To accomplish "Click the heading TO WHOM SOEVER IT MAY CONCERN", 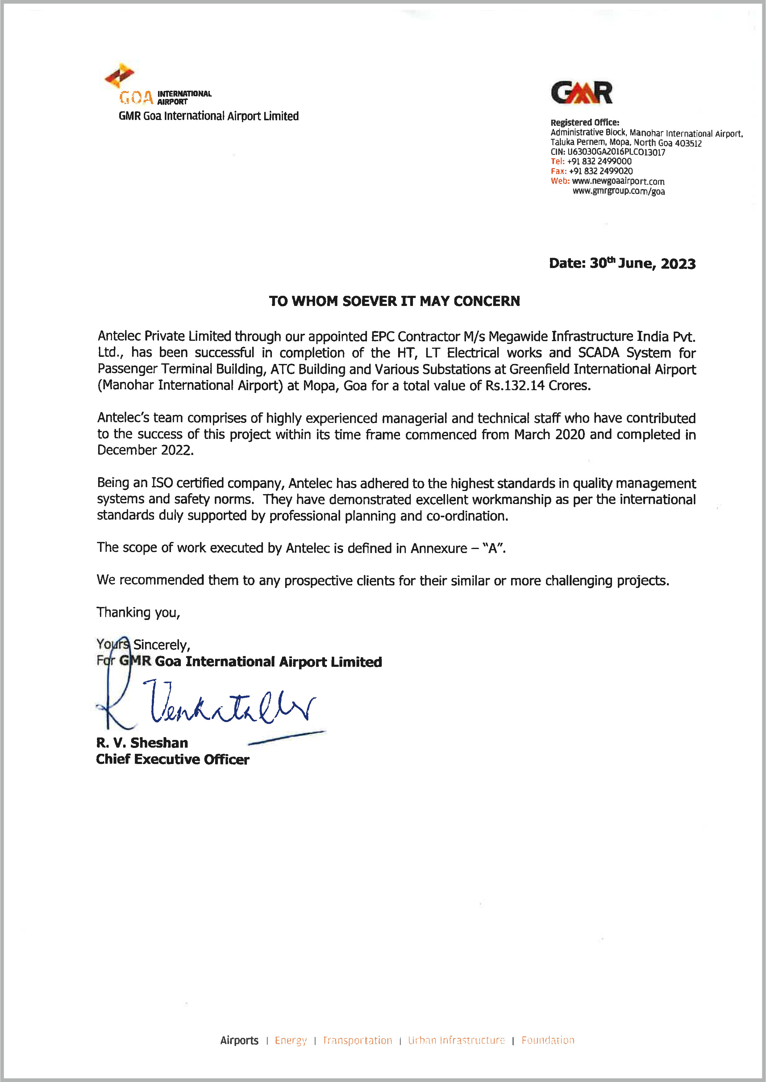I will tap(394, 301).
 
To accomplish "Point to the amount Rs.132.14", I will tap(515, 386).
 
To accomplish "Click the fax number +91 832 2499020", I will tap(601, 171).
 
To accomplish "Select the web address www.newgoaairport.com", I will tap(618, 181).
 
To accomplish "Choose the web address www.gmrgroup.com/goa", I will tap(618, 191).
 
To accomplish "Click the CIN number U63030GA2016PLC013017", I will tap(616, 152).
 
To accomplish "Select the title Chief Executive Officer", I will tap(173, 760).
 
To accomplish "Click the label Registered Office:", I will tap(585, 122).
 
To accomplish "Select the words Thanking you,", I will tap(138, 612).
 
